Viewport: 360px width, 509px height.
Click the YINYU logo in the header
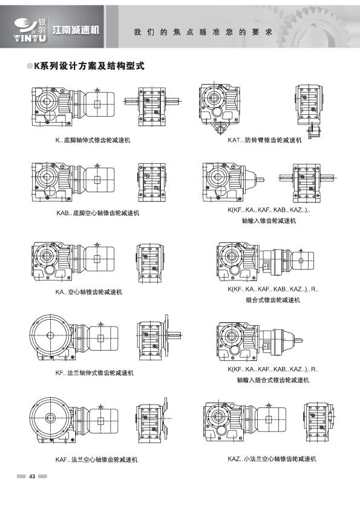pyautogui.click(x=30, y=30)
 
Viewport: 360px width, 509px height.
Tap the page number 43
pyautogui.click(x=32, y=476)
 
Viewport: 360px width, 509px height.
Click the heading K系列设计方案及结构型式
pyautogui.click(x=90, y=66)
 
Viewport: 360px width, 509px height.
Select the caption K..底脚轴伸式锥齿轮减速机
pyautogui.click(x=93, y=140)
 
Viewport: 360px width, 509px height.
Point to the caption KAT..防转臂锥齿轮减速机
pyautogui.click(x=264, y=140)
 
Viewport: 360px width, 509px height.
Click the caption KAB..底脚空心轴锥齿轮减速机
pyautogui.click(x=97, y=213)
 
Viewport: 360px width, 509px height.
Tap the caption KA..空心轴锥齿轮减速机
pyautogui.click(x=89, y=292)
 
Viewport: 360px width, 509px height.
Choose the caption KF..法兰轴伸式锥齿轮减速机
pyautogui.click(x=94, y=373)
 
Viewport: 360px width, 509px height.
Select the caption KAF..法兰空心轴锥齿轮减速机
pyautogui.click(x=96, y=459)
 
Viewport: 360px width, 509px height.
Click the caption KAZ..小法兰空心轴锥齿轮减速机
pyautogui.click(x=272, y=459)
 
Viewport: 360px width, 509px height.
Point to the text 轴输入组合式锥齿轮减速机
pyautogui.click(x=273, y=380)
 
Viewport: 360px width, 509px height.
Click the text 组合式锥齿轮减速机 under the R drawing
pyautogui.click(x=273, y=300)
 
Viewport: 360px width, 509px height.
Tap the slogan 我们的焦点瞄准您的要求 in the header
pyautogui.click(x=203, y=32)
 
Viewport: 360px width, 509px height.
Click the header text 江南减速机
pyautogui.click(x=76, y=30)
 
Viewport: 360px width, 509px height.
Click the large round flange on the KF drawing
pyautogui.click(x=50, y=335)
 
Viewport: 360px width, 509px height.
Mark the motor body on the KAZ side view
pyautogui.click(x=270, y=419)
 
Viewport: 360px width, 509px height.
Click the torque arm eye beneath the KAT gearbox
pyautogui.click(x=221, y=131)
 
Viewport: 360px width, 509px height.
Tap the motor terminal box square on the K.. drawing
pyautogui.click(x=97, y=104)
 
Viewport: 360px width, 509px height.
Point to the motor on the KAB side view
pyautogui.click(x=99, y=180)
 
